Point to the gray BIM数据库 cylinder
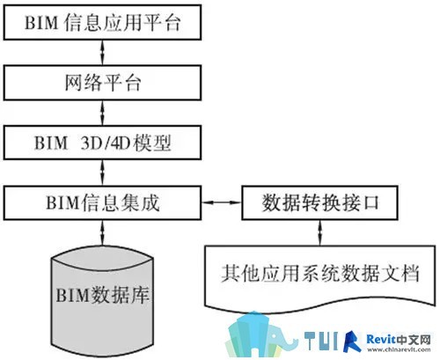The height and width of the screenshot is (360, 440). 102,302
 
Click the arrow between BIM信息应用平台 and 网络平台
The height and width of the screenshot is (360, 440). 102,53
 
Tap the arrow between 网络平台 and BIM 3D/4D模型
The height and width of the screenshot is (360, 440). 102,113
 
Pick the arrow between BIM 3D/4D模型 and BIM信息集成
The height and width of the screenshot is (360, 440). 102,173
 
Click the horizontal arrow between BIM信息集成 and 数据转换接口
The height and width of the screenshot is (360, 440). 222,202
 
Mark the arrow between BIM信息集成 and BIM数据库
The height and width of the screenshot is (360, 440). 102,232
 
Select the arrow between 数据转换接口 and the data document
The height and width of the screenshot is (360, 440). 320,232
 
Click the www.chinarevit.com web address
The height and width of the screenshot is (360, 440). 399,349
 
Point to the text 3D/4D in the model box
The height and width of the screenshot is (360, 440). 106,143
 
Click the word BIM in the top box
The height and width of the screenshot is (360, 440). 41,23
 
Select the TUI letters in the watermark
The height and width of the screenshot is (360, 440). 322,341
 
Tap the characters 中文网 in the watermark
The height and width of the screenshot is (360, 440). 413,340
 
